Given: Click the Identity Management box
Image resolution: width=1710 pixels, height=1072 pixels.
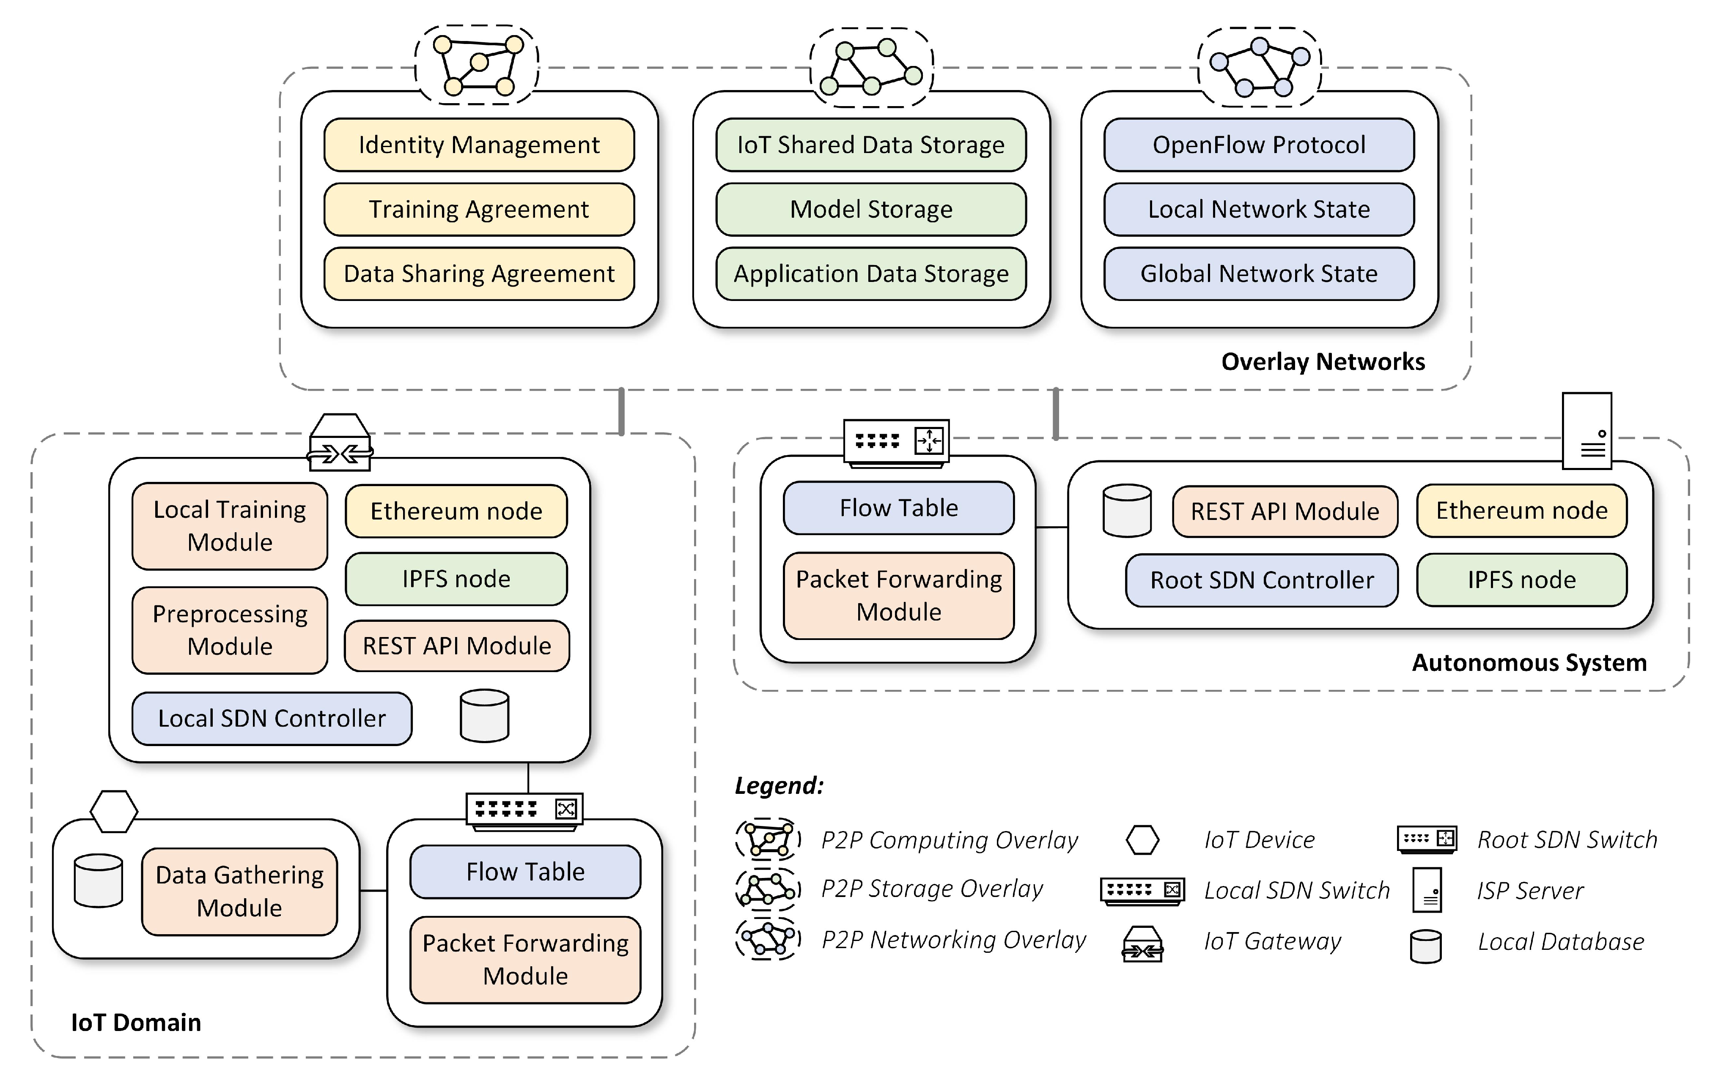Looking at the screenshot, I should [479, 145].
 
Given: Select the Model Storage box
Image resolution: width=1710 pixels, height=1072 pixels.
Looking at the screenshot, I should [870, 209].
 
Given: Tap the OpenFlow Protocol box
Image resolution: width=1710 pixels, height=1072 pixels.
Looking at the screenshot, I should [1258, 145].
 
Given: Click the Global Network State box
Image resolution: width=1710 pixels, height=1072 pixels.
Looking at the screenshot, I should [1258, 273].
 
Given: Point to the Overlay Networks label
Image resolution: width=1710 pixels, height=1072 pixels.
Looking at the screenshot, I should [1322, 361].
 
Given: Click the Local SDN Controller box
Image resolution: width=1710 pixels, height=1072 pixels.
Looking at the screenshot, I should [272, 718].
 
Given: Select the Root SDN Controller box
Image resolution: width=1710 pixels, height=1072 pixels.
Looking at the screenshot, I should [1261, 580].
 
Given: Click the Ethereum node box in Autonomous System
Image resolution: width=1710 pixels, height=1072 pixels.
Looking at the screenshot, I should [1521, 511].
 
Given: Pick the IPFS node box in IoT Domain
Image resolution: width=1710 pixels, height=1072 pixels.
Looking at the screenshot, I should [456, 579].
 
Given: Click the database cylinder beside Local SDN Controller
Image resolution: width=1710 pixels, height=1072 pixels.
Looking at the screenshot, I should [484, 716].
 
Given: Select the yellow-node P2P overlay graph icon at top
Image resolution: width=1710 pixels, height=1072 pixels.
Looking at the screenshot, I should [477, 65].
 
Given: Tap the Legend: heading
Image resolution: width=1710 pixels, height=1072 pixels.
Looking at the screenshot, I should [779, 785].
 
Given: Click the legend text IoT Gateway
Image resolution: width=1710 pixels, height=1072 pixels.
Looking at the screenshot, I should [1272, 941].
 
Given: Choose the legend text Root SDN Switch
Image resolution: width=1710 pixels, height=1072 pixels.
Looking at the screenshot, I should [1567, 840].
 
